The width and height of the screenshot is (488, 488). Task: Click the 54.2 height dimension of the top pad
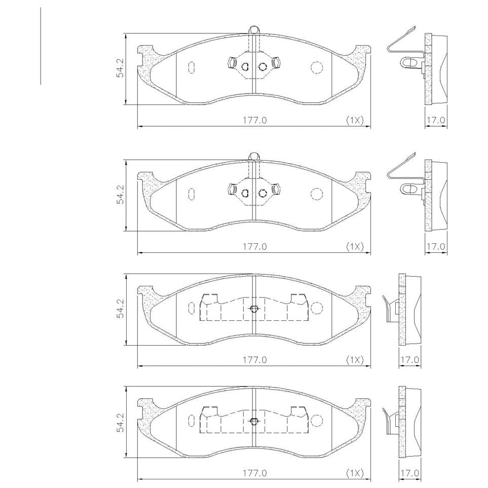(121, 68)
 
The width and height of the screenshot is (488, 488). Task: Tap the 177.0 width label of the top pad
(255, 120)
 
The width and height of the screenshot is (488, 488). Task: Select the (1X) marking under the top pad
(355, 120)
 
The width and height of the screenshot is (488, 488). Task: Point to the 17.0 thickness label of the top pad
(436, 120)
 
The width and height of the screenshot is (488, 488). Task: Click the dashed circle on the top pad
(317, 67)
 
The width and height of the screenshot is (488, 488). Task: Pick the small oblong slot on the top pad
(192, 67)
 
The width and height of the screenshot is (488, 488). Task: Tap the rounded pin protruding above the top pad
(254, 29)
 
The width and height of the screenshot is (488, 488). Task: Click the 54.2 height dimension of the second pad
(121, 195)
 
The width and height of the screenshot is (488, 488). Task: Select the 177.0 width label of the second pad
(255, 246)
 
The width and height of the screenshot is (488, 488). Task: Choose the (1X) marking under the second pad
(355, 246)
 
